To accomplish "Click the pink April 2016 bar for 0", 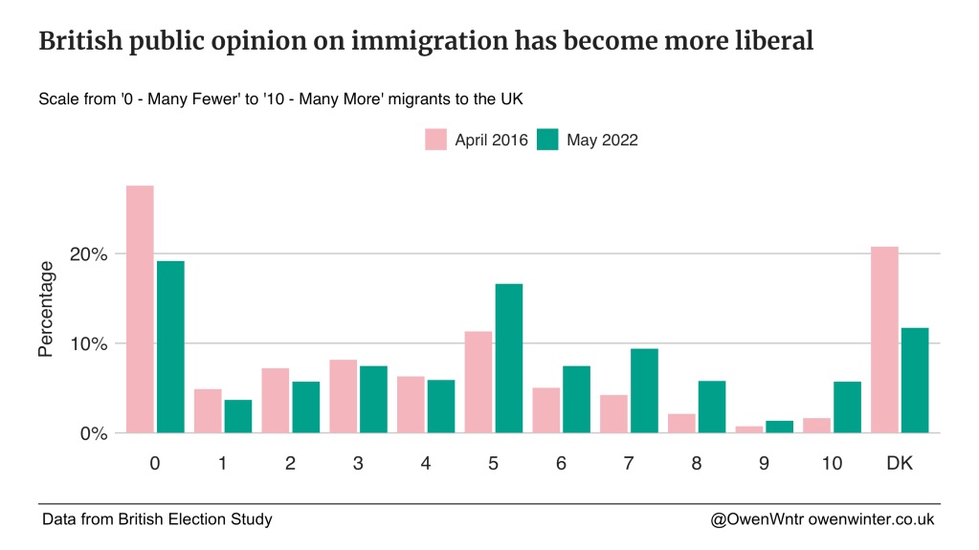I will (140, 309).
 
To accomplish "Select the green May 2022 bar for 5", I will (508, 359).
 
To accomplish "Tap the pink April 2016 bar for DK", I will (884, 340).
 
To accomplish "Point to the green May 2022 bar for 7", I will (644, 391).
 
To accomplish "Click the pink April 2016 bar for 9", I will (749, 429).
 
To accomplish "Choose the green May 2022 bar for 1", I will (237, 416).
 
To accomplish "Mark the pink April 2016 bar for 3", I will (344, 396).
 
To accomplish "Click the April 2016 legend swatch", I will (436, 140).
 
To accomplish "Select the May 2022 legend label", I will (602, 140).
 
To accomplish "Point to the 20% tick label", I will (87, 254).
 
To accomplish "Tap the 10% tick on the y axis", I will (87, 344).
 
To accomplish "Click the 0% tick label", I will (92, 433).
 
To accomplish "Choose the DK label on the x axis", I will (900, 464).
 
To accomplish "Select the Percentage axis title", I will (46, 309).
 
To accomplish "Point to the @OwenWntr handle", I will (757, 519).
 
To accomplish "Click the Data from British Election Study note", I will (157, 519).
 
